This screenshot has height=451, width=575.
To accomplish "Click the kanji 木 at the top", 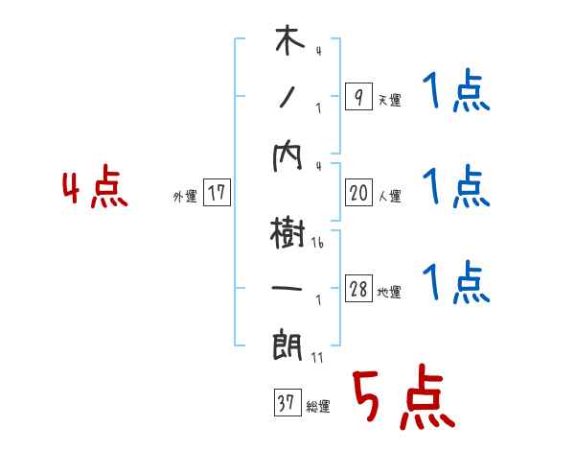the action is [288, 43].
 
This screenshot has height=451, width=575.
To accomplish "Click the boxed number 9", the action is [357, 97].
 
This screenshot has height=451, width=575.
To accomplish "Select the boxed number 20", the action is [357, 193].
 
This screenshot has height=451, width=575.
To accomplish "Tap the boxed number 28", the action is [357, 289].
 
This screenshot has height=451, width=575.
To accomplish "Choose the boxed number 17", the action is [217, 193].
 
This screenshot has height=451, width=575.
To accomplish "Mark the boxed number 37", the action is [286, 402].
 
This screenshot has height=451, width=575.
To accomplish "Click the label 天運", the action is [389, 100].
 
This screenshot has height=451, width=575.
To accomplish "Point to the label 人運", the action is [389, 196].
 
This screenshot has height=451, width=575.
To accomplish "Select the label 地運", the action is [389, 292].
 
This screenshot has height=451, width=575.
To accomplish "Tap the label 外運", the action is [185, 197].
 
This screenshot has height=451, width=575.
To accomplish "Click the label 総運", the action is [317, 406].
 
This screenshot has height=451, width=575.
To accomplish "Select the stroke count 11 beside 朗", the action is [317, 357].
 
